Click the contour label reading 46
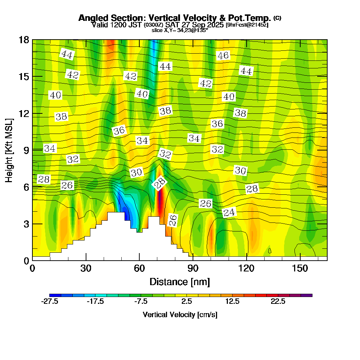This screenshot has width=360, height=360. pyautogui.click(x=223, y=55)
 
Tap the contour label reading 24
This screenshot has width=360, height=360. pyautogui.click(x=229, y=213)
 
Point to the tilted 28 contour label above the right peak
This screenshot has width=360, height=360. pyautogui.click(x=159, y=183)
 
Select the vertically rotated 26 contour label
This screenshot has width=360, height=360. pyautogui.click(x=173, y=220)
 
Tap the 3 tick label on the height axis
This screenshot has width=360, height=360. pyautogui.click(x=26, y=224)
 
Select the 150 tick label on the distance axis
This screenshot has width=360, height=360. pyautogui.click(x=300, y=269)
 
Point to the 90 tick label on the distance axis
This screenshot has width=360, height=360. pyautogui.click(x=193, y=269)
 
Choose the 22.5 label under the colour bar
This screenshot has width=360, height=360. pyautogui.click(x=278, y=302)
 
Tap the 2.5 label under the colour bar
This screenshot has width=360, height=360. pyautogui.click(x=186, y=302)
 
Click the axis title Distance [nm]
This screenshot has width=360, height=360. pyautogui.click(x=180, y=282)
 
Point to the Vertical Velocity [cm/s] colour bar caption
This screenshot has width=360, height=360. pyautogui.click(x=180, y=315)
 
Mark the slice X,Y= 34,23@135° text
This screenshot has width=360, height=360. pyautogui.click(x=180, y=31)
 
